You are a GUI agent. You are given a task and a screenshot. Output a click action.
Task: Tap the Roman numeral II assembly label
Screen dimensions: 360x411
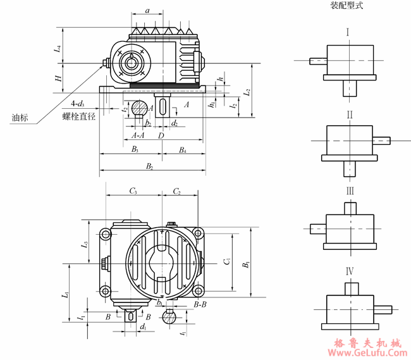[x=347, y=115]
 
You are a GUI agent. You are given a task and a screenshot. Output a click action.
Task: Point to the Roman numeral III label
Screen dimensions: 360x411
[x=347, y=190]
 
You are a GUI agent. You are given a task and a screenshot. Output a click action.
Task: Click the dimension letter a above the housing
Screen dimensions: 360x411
[x=147, y=11]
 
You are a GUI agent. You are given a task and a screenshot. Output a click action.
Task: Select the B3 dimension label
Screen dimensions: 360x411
[x=134, y=149]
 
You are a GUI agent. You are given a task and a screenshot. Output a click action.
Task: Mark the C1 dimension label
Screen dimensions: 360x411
[x=226, y=261]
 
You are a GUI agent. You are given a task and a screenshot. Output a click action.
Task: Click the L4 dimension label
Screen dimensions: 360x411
[x=58, y=47]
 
